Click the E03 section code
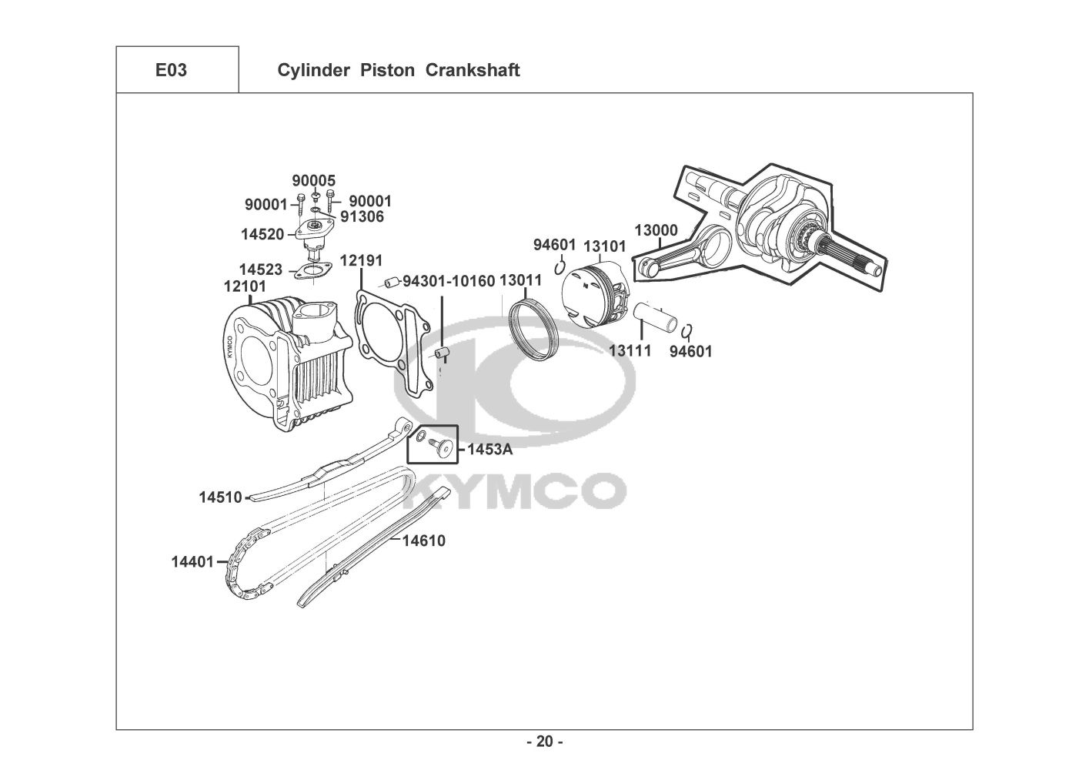(x=171, y=70)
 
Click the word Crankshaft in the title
(x=473, y=70)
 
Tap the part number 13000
(x=656, y=230)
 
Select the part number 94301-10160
(x=449, y=281)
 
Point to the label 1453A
(x=490, y=449)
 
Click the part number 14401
(x=192, y=562)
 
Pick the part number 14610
(x=423, y=541)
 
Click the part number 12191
(x=361, y=261)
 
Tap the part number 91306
(x=362, y=216)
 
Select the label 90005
(x=313, y=180)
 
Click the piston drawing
(x=596, y=295)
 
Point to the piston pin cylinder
(x=656, y=316)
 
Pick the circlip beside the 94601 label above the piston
(x=560, y=267)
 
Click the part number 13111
(x=630, y=350)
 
